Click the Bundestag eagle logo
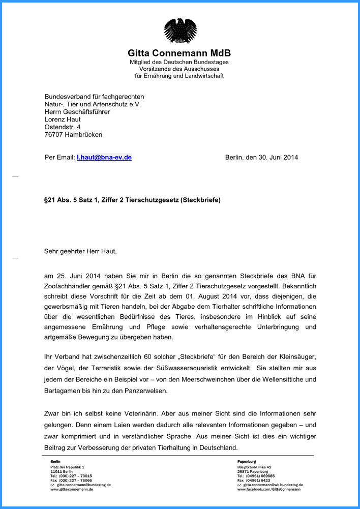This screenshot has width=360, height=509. tap(180, 31)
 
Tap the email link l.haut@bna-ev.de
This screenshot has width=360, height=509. tap(104, 158)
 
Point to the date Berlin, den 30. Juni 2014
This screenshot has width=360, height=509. tap(261, 158)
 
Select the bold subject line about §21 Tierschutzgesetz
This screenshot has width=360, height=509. tap(132, 200)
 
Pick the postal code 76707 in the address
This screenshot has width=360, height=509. tap(54, 135)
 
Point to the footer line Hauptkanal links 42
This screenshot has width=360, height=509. tap(254, 467)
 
